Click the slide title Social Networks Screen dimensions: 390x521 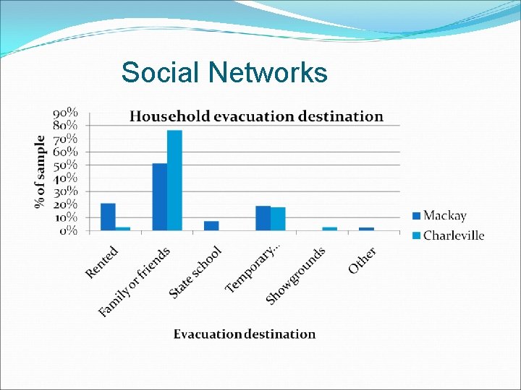tap(224, 73)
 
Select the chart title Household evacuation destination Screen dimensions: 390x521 tap(256, 116)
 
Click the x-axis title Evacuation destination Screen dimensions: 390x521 tap(245, 334)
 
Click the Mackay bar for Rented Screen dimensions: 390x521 tap(108, 217)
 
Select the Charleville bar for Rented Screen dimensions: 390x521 tap(123, 229)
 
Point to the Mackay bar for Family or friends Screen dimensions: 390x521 tap(159, 197)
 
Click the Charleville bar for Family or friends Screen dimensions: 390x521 tap(174, 181)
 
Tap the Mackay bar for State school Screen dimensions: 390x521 tap(211, 226)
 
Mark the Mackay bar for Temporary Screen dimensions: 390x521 tap(263, 219)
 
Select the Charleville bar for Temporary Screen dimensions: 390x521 tap(278, 220)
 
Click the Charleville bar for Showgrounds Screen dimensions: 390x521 tap(330, 229)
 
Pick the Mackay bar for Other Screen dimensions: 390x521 tap(367, 229)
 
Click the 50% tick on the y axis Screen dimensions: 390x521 tap(65, 165)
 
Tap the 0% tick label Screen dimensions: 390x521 tap(68, 230)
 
